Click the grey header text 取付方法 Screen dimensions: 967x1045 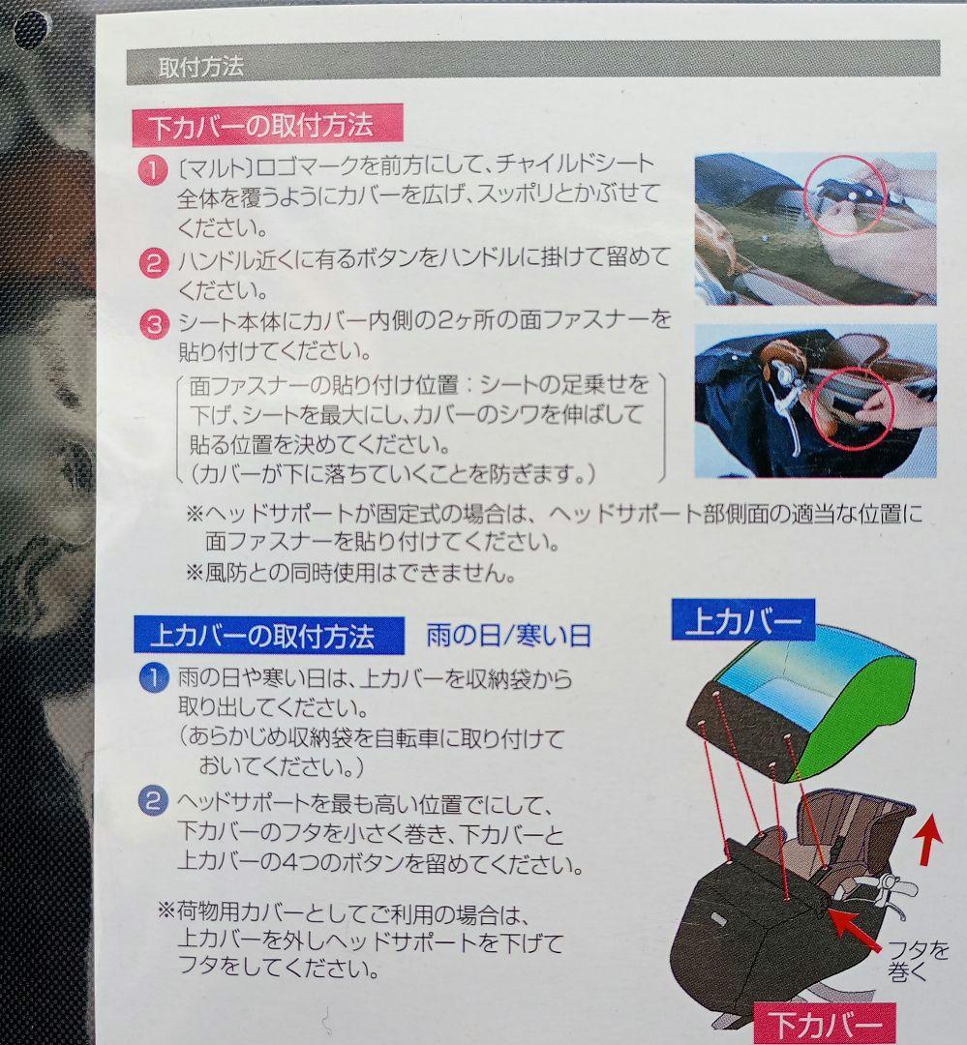pyautogui.click(x=201, y=67)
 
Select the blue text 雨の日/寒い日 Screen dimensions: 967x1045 pyautogui.click(x=509, y=636)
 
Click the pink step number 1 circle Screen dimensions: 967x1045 pyautogui.click(x=153, y=170)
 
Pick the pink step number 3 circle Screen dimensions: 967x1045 pyautogui.click(x=153, y=324)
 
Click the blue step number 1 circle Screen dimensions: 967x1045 pyautogui.click(x=153, y=678)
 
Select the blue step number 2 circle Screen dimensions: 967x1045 pyautogui.click(x=153, y=800)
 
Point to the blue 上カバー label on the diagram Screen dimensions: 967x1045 pyautogui.click(x=743, y=620)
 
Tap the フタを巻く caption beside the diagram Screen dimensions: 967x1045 pyautogui.click(x=919, y=961)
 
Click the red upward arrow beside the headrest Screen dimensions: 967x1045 pyautogui.click(x=929, y=842)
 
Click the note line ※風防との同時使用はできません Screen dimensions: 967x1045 pyautogui.click(x=350, y=573)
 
